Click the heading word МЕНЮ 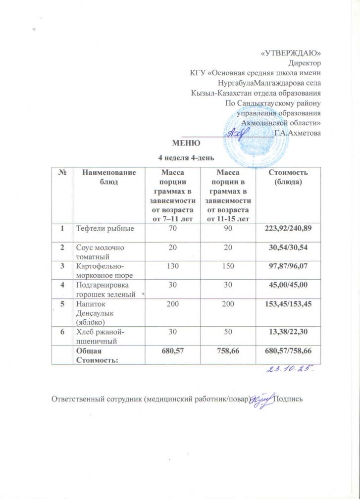(x=186, y=144)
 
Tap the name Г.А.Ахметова (x=297, y=133)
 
